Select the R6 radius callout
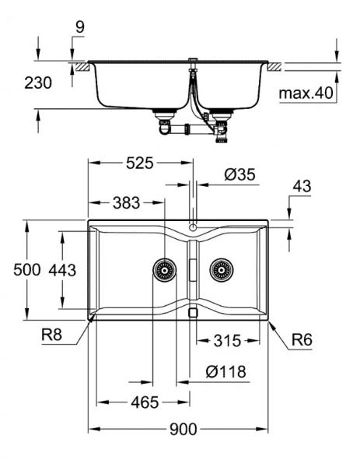click(302, 339)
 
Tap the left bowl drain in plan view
click(163, 269)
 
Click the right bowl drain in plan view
click(221, 269)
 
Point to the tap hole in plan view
click(192, 230)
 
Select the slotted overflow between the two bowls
click(192, 269)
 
